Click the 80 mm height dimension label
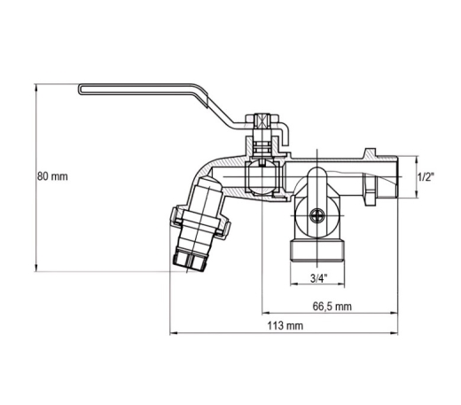click(52, 176)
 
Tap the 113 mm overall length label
click(285, 326)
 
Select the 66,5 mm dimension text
click(332, 307)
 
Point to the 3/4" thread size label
click(318, 278)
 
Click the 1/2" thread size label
click(426, 177)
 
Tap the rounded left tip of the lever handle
click(80, 90)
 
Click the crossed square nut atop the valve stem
click(262, 121)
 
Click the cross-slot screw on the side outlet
click(317, 215)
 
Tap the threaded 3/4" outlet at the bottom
click(317, 250)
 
